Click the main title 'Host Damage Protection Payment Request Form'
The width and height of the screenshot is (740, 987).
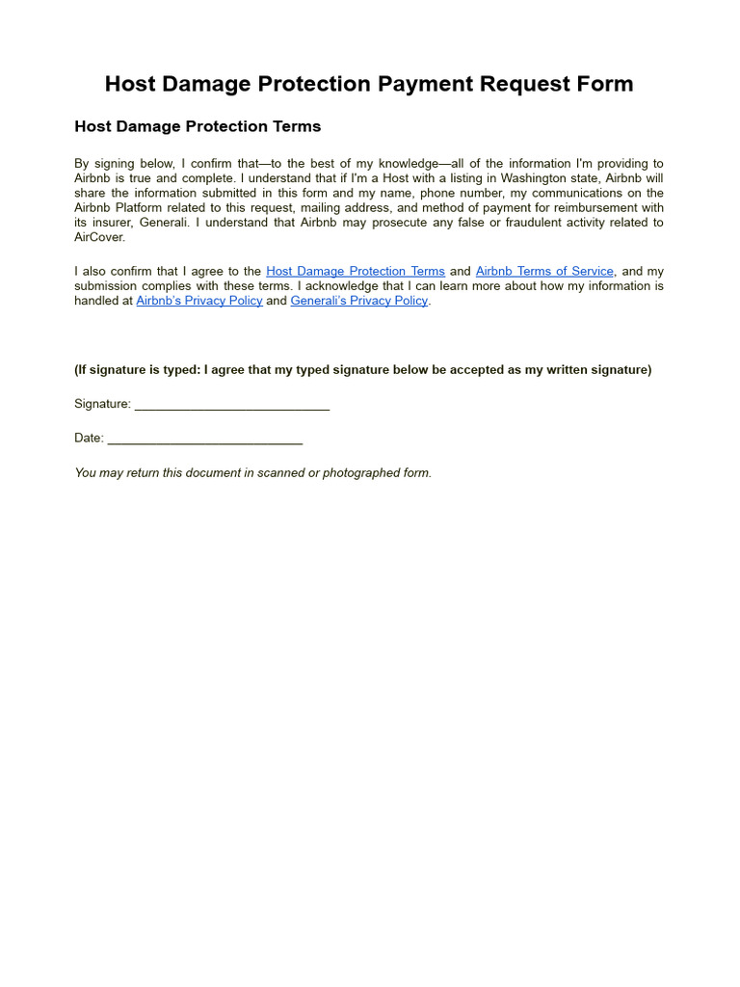[x=369, y=84]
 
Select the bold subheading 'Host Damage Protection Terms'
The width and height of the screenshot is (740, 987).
[x=198, y=126]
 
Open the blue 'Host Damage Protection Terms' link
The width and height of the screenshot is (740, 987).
[x=355, y=272]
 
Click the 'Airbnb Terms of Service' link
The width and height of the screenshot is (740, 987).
[x=544, y=272]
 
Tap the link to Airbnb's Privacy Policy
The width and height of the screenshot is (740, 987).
[x=199, y=301]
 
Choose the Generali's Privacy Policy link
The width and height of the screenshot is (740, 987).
[x=359, y=301]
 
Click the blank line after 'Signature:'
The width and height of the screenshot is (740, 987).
[x=232, y=405]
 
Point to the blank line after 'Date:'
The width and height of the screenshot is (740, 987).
[x=205, y=439]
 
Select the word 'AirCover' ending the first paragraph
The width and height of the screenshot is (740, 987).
[x=98, y=237]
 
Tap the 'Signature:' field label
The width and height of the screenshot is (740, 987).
[x=102, y=405]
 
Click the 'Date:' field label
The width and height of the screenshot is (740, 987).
[x=89, y=439]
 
